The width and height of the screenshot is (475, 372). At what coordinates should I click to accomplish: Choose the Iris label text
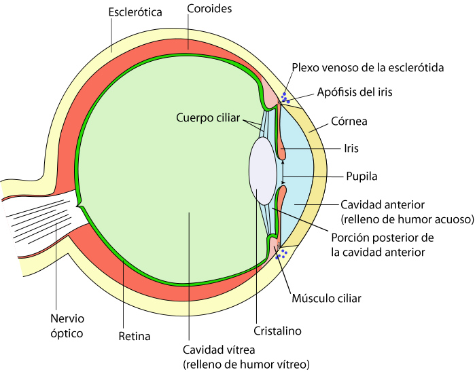[x=351, y=148]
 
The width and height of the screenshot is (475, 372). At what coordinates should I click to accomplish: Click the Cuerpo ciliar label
[x=207, y=117]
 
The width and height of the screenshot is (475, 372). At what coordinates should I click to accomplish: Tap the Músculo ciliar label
[x=326, y=298]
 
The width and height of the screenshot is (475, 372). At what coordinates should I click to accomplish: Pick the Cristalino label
[x=277, y=331]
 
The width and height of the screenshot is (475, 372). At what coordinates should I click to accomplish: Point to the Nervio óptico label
[x=67, y=325]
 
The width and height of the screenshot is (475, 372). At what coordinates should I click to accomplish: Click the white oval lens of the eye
[x=262, y=170]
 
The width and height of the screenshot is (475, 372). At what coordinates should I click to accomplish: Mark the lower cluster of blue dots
[x=282, y=254]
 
